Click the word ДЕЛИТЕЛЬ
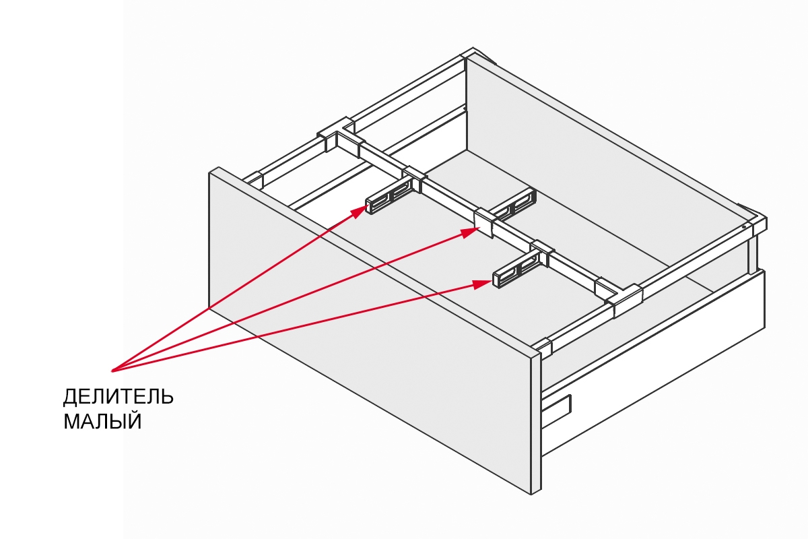click(118, 396)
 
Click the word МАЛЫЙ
click(102, 422)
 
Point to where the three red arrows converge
click(112, 370)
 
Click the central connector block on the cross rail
click(485, 223)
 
